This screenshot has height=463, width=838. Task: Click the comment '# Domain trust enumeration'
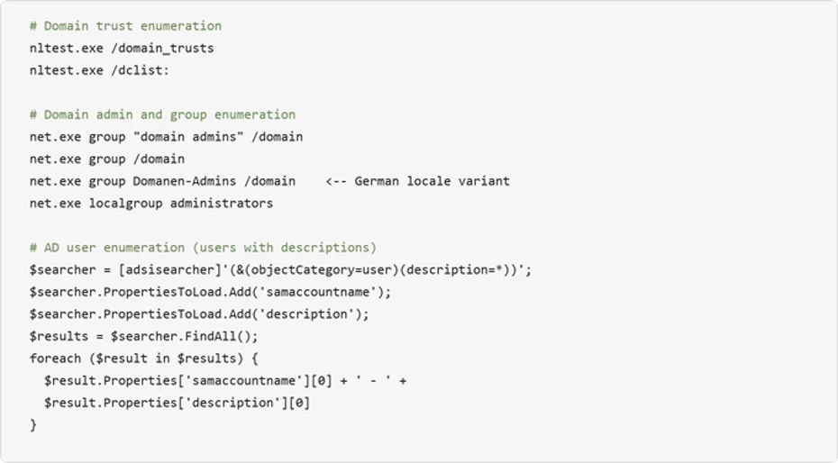[x=125, y=26]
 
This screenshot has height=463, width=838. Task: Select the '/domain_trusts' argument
[x=162, y=49]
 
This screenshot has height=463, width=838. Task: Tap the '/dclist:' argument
[x=140, y=70]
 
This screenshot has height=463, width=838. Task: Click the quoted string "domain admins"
[x=188, y=137]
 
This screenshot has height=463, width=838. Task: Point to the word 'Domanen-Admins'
[x=185, y=181]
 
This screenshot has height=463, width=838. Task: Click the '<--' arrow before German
[x=335, y=182]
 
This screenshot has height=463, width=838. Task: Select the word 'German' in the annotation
[x=377, y=181]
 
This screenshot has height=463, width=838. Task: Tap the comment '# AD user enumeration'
[x=107, y=248]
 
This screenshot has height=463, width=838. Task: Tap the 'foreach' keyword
[x=56, y=359]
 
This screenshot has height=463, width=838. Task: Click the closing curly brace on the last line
[x=33, y=425]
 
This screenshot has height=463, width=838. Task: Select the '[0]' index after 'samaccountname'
[x=321, y=381]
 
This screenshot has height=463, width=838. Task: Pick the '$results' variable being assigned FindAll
[x=59, y=336]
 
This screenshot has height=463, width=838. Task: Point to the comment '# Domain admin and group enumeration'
[x=162, y=114]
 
